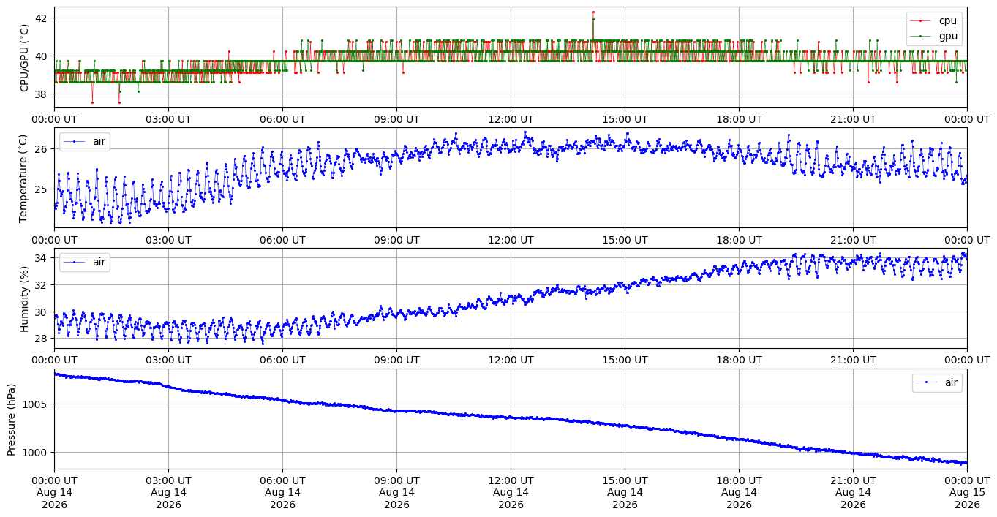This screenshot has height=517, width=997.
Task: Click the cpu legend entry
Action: (933, 21)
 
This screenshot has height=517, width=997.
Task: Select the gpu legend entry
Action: (933, 36)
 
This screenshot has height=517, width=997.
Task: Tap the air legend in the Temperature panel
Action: (85, 141)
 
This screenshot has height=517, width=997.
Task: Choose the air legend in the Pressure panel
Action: (937, 382)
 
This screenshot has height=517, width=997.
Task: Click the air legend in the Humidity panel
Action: (85, 262)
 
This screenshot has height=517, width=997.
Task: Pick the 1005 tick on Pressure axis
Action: (37, 404)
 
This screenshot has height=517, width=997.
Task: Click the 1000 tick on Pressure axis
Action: (37, 453)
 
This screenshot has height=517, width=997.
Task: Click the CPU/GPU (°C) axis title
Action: (24, 58)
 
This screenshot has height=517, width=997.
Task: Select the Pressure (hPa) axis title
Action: (11, 420)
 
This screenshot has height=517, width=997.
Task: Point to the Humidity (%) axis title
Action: (24, 299)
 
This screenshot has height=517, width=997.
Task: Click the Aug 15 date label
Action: (967, 493)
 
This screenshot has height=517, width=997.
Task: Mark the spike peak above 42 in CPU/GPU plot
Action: (593, 12)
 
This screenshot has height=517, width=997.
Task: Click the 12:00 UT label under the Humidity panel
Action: (511, 360)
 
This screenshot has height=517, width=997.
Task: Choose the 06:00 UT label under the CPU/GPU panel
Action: (282, 120)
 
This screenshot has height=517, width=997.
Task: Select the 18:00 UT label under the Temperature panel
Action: (739, 240)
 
